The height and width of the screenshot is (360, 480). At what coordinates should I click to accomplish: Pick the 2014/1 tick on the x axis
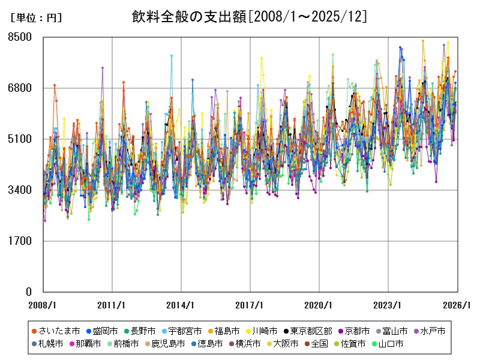(181, 305)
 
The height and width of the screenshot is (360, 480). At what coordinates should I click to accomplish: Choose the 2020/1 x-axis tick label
(319, 305)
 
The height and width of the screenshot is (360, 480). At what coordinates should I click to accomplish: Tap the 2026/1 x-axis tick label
(457, 305)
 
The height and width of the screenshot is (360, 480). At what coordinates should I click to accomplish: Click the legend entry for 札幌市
(51, 344)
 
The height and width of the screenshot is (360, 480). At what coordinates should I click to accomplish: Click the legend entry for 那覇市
(89, 344)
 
